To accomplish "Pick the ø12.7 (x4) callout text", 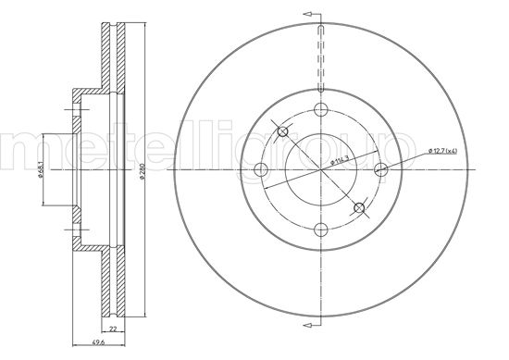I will tap(447, 150).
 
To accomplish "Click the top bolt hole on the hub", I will tap(319, 110).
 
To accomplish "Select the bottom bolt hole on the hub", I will tap(319, 230).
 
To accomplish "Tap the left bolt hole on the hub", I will tap(260, 170).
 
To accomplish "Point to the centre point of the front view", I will tap(319, 170).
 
